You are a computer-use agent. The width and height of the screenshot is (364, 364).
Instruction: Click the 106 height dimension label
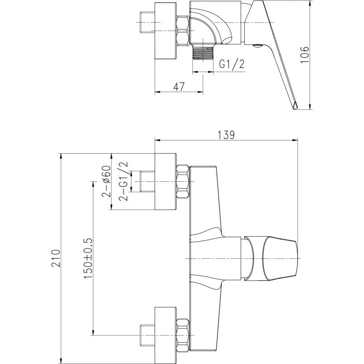click(305, 54)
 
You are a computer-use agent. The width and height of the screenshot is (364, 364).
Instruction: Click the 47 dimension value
click(179, 87)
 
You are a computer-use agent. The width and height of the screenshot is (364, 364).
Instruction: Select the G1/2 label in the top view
click(232, 64)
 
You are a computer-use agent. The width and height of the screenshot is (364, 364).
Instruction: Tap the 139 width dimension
click(226, 135)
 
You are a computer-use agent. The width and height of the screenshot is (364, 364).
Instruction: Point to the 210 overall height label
click(56, 258)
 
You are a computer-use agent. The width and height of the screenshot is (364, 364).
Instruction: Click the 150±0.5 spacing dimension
click(88, 258)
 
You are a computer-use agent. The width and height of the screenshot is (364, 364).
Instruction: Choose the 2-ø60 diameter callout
click(106, 181)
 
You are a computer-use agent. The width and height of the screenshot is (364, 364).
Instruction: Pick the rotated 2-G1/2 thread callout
click(123, 181)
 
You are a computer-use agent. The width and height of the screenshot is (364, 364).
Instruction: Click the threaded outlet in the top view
click(203, 53)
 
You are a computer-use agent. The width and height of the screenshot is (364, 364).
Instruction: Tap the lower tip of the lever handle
click(294, 109)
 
